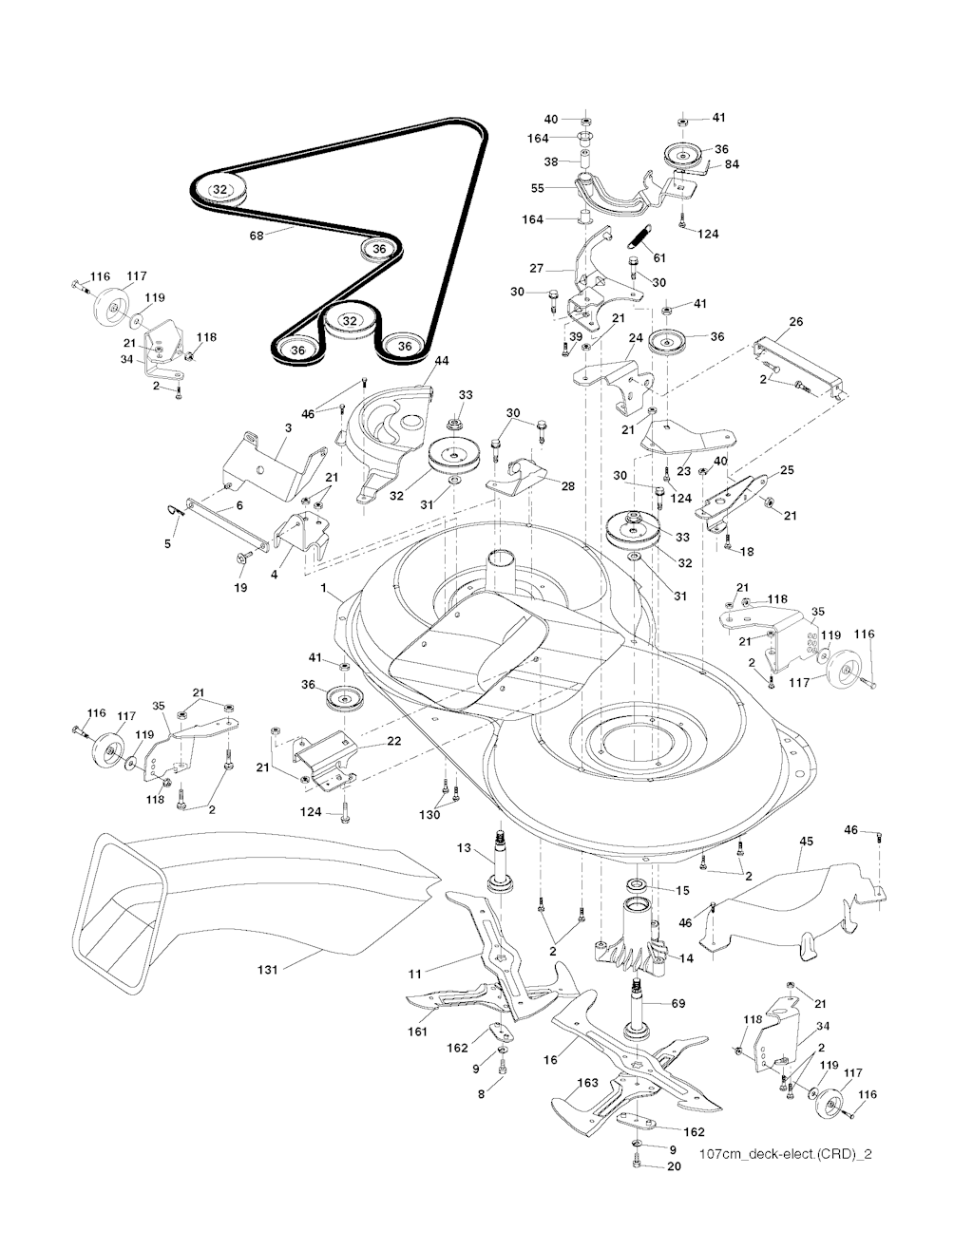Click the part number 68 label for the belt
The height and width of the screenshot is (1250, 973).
[257, 236]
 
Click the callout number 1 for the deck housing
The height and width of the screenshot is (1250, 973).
[323, 589]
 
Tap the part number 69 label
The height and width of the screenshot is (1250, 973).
[678, 1003]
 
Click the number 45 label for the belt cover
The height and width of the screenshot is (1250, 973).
[807, 841]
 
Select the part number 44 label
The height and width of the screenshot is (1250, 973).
[441, 361]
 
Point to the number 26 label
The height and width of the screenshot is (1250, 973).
[795, 322]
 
